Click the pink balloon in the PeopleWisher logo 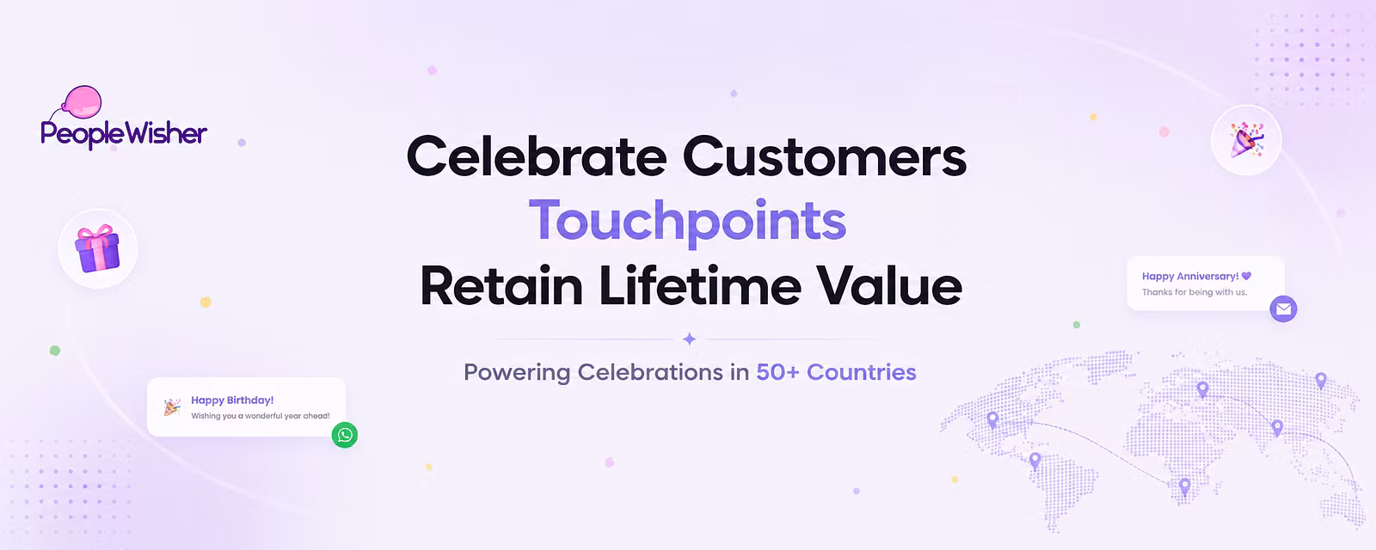tap(83, 101)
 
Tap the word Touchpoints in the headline tap(687, 221)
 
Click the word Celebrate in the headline tap(537, 156)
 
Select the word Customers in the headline tap(825, 156)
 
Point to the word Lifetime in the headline tap(700, 285)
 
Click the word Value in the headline tap(889, 285)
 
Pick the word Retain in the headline tap(502, 285)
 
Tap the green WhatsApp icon tap(345, 435)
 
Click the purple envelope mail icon tap(1283, 309)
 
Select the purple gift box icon tap(97, 248)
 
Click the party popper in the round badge tap(1246, 140)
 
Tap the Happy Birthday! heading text tap(232, 400)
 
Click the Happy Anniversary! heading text tap(1190, 276)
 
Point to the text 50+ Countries tap(836, 372)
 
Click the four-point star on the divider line tap(689, 339)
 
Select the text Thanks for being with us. tap(1195, 292)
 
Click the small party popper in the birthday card tap(172, 407)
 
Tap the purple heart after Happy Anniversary tap(1246, 276)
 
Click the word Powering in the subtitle tap(517, 373)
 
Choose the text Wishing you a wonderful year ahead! tap(261, 416)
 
